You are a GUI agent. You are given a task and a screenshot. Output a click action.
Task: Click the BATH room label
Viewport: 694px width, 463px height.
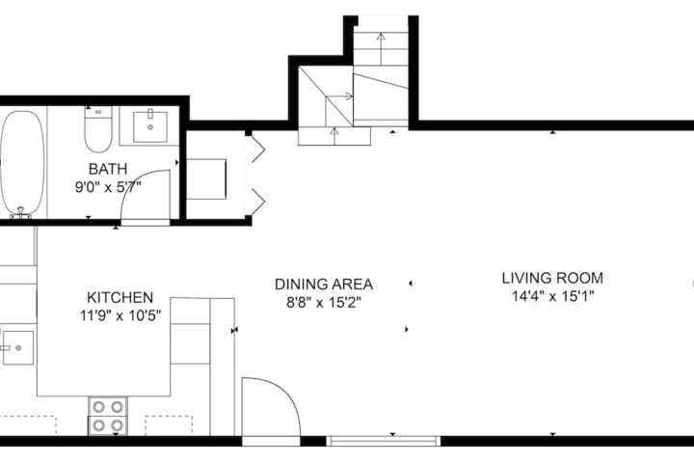tap(108, 169)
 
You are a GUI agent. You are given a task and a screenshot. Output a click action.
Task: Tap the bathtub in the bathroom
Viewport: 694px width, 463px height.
tap(22, 163)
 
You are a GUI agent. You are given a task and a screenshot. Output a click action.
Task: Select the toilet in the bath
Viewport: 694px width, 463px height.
tap(98, 129)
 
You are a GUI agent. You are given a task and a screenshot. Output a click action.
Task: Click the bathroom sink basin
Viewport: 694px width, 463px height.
tap(150, 126)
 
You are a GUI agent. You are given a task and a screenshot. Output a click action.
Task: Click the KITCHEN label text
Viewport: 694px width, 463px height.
tap(120, 297)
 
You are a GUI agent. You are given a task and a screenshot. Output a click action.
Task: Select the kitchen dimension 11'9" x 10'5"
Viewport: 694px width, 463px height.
tap(120, 316)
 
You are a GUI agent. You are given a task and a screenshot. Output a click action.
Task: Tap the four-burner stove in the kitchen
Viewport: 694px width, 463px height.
tap(108, 417)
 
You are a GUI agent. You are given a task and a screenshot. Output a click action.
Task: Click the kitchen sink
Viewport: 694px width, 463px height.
tap(17, 348)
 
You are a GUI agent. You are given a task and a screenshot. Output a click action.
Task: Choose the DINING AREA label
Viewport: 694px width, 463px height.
tap(324, 284)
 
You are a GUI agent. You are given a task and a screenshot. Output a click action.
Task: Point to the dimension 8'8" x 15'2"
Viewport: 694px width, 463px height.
tap(324, 303)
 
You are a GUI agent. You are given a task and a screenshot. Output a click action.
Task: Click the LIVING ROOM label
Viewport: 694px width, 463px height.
tap(552, 278)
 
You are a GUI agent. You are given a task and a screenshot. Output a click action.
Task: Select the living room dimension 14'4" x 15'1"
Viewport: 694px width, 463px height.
tap(553, 296)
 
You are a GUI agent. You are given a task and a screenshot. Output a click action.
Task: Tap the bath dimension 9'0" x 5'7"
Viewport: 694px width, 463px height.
tap(108, 187)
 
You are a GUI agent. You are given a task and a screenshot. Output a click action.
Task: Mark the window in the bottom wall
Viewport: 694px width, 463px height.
tap(384, 441)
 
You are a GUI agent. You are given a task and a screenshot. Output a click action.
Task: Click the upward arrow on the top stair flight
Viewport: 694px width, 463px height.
tap(381, 49)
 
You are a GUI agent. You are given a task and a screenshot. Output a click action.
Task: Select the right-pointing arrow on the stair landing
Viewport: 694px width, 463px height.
tap(339, 96)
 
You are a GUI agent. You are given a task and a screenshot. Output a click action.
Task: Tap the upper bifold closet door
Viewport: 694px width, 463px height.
tap(257, 150)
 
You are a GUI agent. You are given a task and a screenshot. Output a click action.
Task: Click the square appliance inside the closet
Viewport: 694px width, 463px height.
tap(206, 179)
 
